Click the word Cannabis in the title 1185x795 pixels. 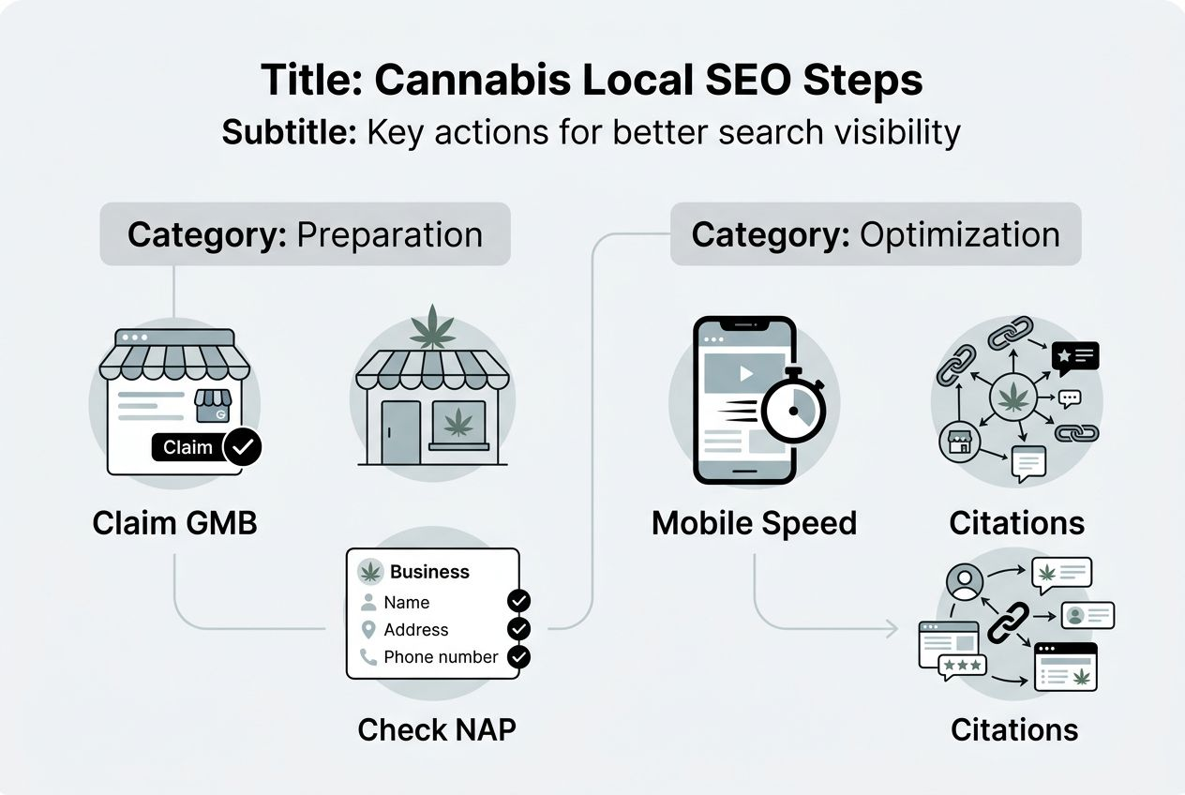[x=470, y=80]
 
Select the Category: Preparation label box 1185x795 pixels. [x=305, y=234]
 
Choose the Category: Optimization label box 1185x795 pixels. [x=876, y=234]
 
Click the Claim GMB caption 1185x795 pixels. [x=174, y=522]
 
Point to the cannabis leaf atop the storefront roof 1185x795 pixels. [x=433, y=325]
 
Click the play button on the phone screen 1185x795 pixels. [x=746, y=374]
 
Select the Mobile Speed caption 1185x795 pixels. [x=754, y=522]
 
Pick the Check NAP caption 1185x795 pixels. [x=437, y=729]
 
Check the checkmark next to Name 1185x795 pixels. [x=518, y=601]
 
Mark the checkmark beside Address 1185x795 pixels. [x=518, y=629]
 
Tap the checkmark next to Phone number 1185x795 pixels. [x=518, y=657]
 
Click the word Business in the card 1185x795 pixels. [x=429, y=572]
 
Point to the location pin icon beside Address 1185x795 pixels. [x=368, y=630]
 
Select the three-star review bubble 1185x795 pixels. [x=962, y=665]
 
